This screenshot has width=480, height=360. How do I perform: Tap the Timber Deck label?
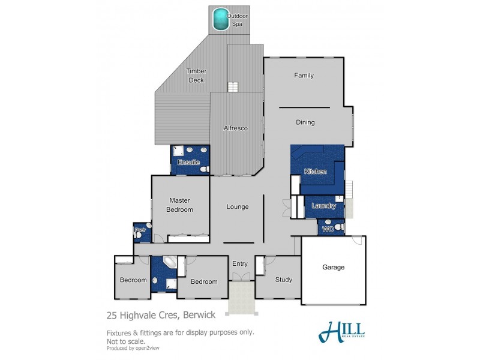(196, 75)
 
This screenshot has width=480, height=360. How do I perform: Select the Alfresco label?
(236, 128)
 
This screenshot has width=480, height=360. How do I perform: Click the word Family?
(304, 76)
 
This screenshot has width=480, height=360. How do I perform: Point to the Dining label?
(305, 122)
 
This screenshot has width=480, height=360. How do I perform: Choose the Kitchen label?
(315, 172)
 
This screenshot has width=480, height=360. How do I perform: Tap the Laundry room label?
(324, 206)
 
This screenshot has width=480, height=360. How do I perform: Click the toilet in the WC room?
(338, 227)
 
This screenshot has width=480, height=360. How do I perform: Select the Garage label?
(334, 267)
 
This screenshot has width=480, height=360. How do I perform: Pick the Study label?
(283, 280)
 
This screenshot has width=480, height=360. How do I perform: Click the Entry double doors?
(240, 277)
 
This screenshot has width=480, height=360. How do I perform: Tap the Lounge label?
(238, 207)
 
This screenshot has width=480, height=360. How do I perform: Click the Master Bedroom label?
(180, 205)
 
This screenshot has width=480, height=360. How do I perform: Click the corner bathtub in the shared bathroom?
(170, 263)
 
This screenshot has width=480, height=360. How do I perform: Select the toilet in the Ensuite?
(204, 170)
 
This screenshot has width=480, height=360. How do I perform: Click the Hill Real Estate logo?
(341, 331)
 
